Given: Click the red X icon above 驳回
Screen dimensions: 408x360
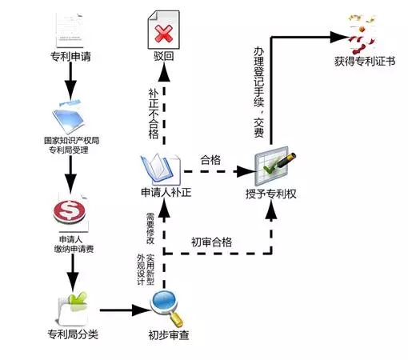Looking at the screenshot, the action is (164, 34).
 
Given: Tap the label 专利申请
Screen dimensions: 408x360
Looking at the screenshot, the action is (70, 57).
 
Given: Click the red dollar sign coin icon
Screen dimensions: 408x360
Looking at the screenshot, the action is (70, 211).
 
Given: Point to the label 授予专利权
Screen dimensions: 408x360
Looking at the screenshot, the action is (271, 194).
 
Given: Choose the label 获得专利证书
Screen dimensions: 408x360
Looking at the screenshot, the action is (365, 62).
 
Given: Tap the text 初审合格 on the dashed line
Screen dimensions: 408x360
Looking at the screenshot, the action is (211, 242).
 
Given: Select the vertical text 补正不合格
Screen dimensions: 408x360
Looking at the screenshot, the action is (154, 114).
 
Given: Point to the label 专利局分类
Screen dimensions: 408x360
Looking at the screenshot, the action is (73, 334).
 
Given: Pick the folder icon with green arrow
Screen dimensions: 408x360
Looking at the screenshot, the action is (72, 309).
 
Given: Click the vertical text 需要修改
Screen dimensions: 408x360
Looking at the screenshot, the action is (150, 228).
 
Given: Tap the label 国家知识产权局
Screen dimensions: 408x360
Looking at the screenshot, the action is (71, 140).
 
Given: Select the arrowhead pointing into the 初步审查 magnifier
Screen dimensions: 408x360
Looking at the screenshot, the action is (142, 310).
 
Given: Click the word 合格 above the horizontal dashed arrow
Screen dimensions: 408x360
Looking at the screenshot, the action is (210, 160).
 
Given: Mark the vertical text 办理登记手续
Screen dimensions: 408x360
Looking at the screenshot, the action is (259, 77).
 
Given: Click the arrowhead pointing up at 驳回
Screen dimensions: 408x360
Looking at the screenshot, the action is (164, 73).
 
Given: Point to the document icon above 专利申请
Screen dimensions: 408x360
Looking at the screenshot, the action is (70, 30).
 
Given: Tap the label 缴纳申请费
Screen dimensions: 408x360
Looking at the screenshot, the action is (74, 249).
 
